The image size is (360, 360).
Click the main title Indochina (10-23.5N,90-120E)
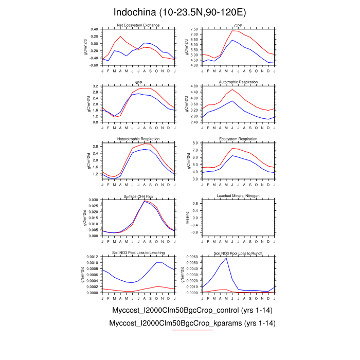(x=180, y=12)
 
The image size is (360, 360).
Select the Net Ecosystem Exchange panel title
(x=138, y=25)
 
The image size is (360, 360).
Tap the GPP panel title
(x=238, y=25)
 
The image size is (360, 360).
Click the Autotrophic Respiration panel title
(x=238, y=82)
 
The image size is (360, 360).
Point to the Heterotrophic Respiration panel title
(x=138, y=139)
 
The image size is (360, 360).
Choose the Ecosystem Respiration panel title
(x=238, y=139)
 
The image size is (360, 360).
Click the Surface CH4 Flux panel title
(x=138, y=196)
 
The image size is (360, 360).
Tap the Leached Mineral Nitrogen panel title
(x=238, y=196)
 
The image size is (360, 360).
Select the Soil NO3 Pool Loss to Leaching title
(x=138, y=253)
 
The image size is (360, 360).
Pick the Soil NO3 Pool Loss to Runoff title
(x=238, y=253)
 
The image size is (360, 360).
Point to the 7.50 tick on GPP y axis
(x=194, y=29)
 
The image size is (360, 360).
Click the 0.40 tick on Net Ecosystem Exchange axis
(x=94, y=29)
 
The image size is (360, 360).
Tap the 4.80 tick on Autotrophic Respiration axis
(x=194, y=86)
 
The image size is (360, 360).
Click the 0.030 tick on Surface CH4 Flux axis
(x=93, y=200)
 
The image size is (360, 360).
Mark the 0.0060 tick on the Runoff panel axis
(x=193, y=257)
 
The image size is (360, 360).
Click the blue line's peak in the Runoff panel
(x=226, y=258)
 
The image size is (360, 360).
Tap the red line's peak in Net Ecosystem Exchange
(x=121, y=36)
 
